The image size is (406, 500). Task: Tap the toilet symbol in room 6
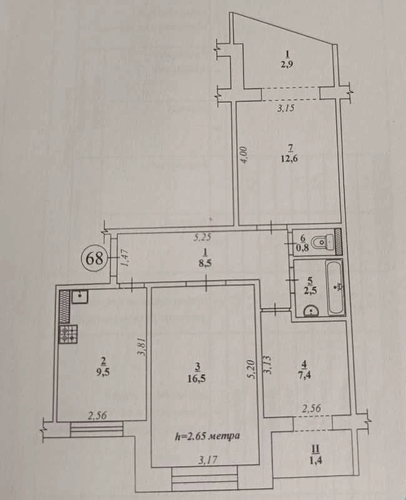pos(323,242)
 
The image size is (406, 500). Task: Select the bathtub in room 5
pos(335,287)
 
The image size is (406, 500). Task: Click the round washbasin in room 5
pos(310,311)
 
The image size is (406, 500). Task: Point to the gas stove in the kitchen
pos(68,334)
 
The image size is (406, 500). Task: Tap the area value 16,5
pos(197,379)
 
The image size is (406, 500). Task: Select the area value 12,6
pos(289,159)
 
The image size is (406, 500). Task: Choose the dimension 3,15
pos(285,108)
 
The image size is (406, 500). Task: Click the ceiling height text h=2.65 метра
pos(207,436)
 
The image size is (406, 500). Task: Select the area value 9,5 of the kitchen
pos(103,372)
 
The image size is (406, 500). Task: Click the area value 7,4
pos(305,374)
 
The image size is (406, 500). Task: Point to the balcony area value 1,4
pos(315,460)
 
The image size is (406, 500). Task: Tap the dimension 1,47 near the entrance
pos(124,257)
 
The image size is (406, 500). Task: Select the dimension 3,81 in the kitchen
pos(143,347)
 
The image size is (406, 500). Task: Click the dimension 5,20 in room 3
pos(252,369)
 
